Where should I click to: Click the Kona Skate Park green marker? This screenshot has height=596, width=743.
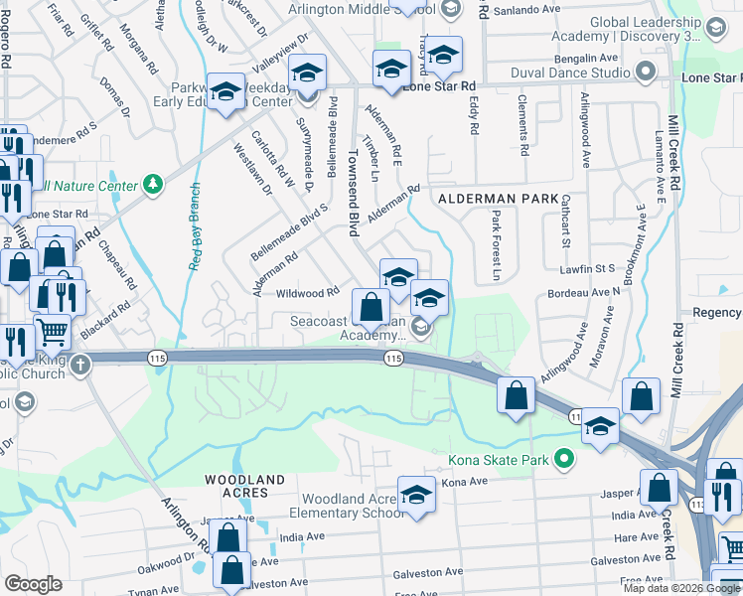click(565, 459)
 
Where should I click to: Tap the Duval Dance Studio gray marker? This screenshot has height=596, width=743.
click(647, 73)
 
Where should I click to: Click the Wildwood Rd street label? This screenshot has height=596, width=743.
click(308, 293)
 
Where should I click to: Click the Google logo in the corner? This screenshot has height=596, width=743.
click(34, 583)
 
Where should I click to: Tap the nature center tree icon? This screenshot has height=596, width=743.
click(152, 184)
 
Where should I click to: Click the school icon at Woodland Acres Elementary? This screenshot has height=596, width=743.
click(417, 494)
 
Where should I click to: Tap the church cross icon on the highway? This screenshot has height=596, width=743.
click(80, 365)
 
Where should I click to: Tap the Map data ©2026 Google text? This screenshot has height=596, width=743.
click(681, 588)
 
